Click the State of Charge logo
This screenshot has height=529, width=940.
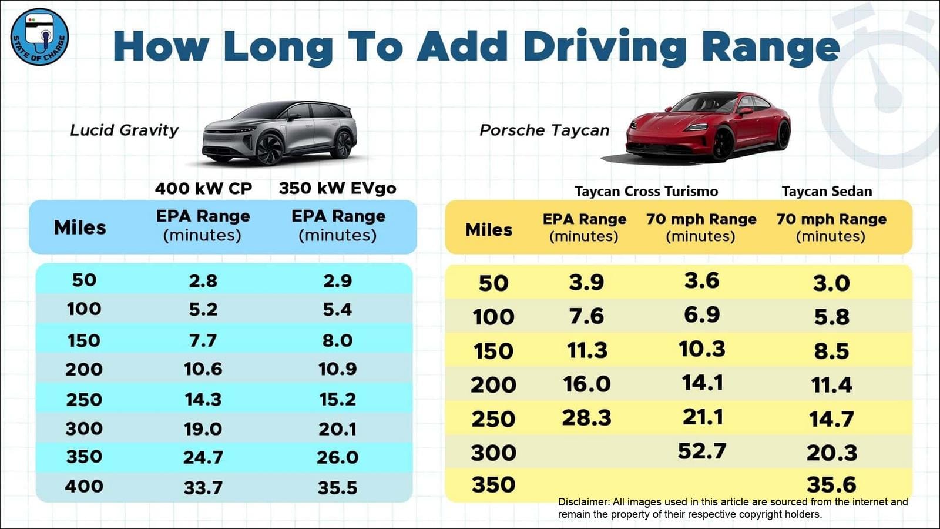(39, 36)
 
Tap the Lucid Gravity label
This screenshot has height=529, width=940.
(124, 130)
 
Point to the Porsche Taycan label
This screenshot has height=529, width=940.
(544, 130)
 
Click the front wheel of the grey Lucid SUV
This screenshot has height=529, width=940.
(270, 148)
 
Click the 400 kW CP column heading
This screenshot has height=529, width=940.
(203, 189)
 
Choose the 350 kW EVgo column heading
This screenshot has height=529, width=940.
(337, 188)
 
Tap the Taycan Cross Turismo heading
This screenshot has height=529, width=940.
(646, 191)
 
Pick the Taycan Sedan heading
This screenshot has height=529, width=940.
(827, 191)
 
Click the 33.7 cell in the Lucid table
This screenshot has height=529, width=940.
(203, 487)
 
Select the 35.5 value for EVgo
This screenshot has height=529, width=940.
(337, 487)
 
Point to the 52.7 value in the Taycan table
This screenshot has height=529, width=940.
(701, 451)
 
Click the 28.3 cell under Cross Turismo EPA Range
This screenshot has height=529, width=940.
(586, 417)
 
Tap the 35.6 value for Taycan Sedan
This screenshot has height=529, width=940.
(831, 484)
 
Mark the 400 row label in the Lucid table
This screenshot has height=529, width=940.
(84, 486)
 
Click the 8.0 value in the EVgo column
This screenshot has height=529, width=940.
(337, 340)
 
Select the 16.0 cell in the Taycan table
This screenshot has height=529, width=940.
(586, 384)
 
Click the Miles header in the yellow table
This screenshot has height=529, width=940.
(489, 229)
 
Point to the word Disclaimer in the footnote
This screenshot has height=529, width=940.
(583, 502)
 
